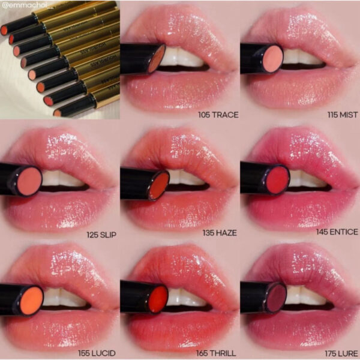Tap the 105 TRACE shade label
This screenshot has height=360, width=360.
211,112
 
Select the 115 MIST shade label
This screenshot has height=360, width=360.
337,112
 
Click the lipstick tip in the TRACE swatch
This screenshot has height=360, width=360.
155,58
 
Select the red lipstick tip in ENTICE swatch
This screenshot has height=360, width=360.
277,180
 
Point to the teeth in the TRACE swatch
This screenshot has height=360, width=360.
181,58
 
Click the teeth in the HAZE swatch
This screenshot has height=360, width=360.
183,179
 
